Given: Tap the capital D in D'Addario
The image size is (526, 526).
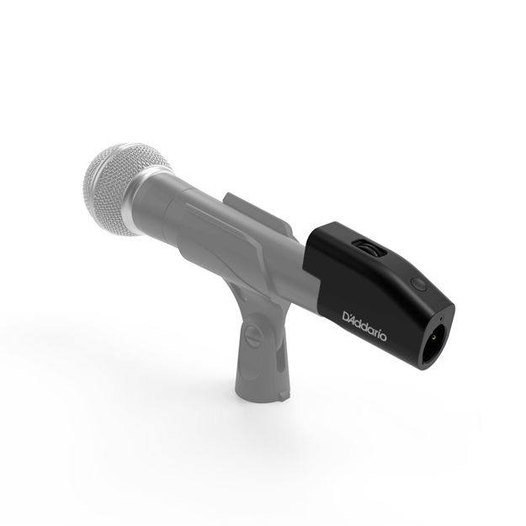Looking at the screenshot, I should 348,315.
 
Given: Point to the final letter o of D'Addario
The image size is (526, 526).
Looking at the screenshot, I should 385,332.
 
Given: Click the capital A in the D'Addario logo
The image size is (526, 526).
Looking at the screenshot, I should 357,318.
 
